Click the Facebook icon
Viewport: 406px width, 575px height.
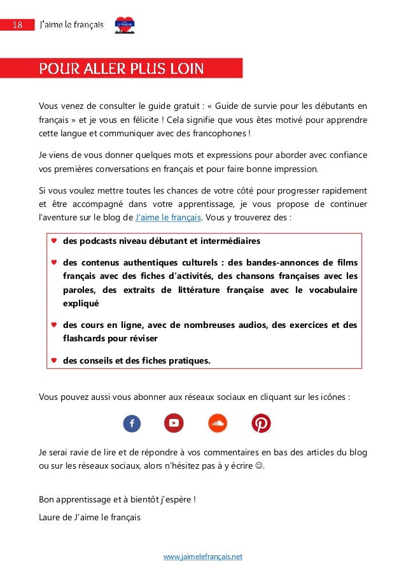(132, 423)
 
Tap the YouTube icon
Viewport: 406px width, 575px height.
(174, 423)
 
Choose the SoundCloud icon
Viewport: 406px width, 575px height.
(218, 423)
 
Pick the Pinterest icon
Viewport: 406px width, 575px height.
(261, 423)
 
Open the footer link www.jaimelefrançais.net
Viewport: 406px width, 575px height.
(203, 557)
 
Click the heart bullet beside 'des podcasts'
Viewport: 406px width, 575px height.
(53, 241)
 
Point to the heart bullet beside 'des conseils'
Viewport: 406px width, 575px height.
(53, 360)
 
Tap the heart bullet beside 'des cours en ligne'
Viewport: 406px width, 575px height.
(53, 325)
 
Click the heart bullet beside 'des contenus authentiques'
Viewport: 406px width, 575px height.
(53, 262)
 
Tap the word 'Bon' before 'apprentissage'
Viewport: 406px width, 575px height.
(46, 499)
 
